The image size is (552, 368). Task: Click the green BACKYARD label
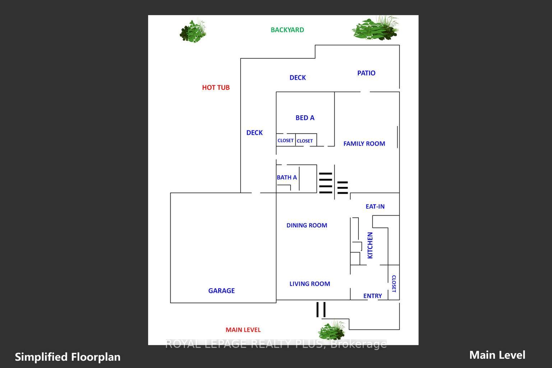[287, 30]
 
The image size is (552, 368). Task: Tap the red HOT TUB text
[215, 87]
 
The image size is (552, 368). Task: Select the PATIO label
[366, 73]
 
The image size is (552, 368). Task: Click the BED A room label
[305, 118]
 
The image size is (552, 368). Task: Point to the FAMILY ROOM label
[364, 144]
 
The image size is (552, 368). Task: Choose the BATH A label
[287, 177]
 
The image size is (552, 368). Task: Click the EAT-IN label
[375, 206]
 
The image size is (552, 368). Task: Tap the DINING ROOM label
[307, 225]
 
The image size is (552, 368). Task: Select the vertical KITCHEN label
[370, 245]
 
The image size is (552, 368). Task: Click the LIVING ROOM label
[310, 284]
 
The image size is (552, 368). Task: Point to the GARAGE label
[221, 291]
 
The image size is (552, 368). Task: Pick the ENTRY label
[372, 296]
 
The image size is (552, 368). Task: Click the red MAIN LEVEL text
[243, 330]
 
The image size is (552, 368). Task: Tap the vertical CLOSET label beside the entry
[394, 284]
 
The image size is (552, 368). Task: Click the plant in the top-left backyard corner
[193, 31]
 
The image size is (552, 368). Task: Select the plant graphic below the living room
[332, 330]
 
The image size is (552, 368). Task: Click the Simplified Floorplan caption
[68, 357]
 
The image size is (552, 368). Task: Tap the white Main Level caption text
[497, 355]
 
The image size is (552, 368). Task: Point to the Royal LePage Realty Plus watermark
[276, 344]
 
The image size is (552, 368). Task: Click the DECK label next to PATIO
[297, 78]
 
